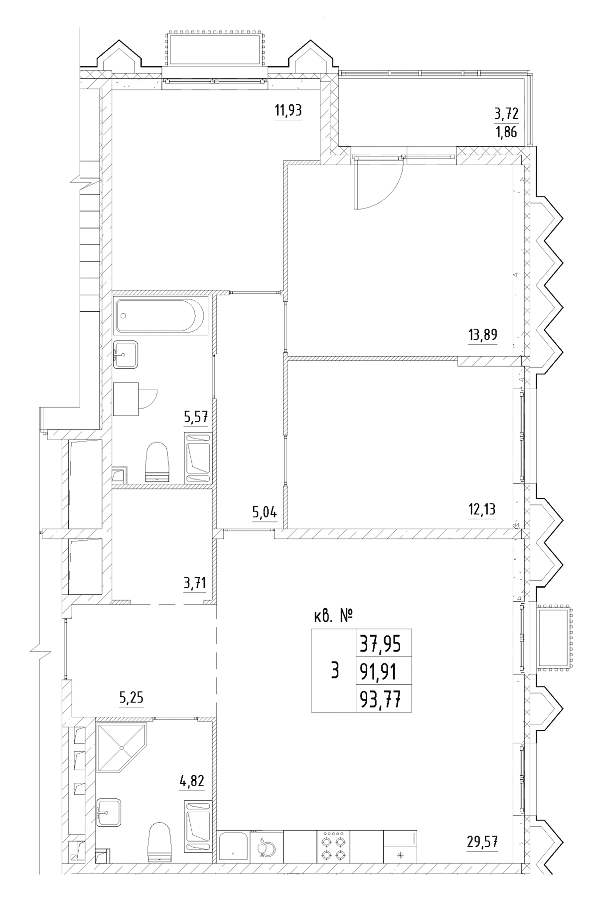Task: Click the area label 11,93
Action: [x=288, y=110]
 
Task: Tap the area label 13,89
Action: [x=482, y=334]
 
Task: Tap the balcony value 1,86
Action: [x=506, y=133]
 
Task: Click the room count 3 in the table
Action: [x=335, y=671]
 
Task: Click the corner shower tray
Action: [x=122, y=747]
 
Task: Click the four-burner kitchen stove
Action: [x=333, y=847]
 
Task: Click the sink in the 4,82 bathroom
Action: [x=108, y=812]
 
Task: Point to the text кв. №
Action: [x=333, y=617]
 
